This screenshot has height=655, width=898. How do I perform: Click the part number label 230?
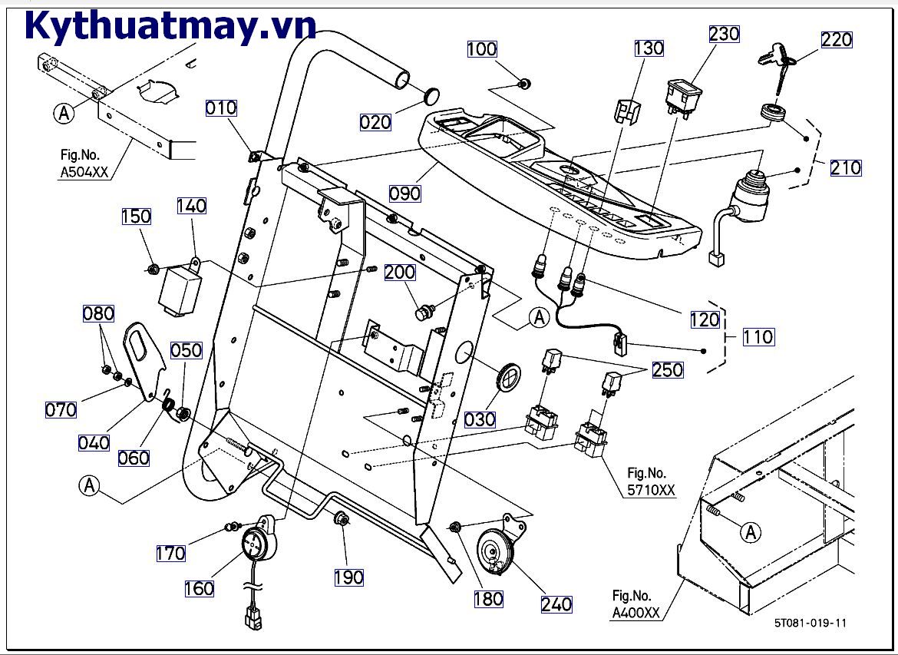coord(724,34)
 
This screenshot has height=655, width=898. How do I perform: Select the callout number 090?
coord(404,193)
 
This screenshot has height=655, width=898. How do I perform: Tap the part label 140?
coord(192,205)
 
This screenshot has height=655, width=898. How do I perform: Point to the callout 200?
coord(399,272)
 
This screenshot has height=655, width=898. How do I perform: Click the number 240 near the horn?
coord(556,604)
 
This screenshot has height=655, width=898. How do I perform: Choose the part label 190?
coord(348,577)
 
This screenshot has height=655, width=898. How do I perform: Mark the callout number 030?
coord(480,420)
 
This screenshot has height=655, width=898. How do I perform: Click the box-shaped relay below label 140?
coord(179,290)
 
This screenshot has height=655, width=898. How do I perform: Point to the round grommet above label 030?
coord(507,377)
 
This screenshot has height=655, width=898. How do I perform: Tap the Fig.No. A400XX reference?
coord(636,604)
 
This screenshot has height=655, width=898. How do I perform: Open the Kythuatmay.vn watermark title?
coord(170,25)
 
